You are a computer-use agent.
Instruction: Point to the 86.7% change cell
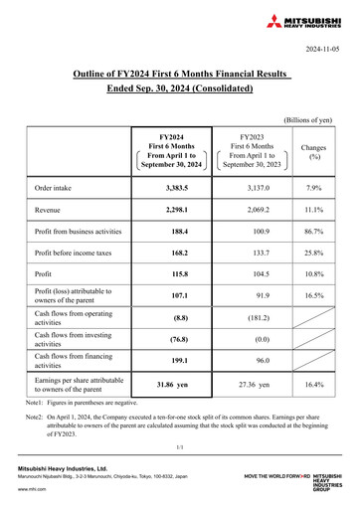[x=315, y=234]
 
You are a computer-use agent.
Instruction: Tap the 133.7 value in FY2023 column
[x=242, y=256]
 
